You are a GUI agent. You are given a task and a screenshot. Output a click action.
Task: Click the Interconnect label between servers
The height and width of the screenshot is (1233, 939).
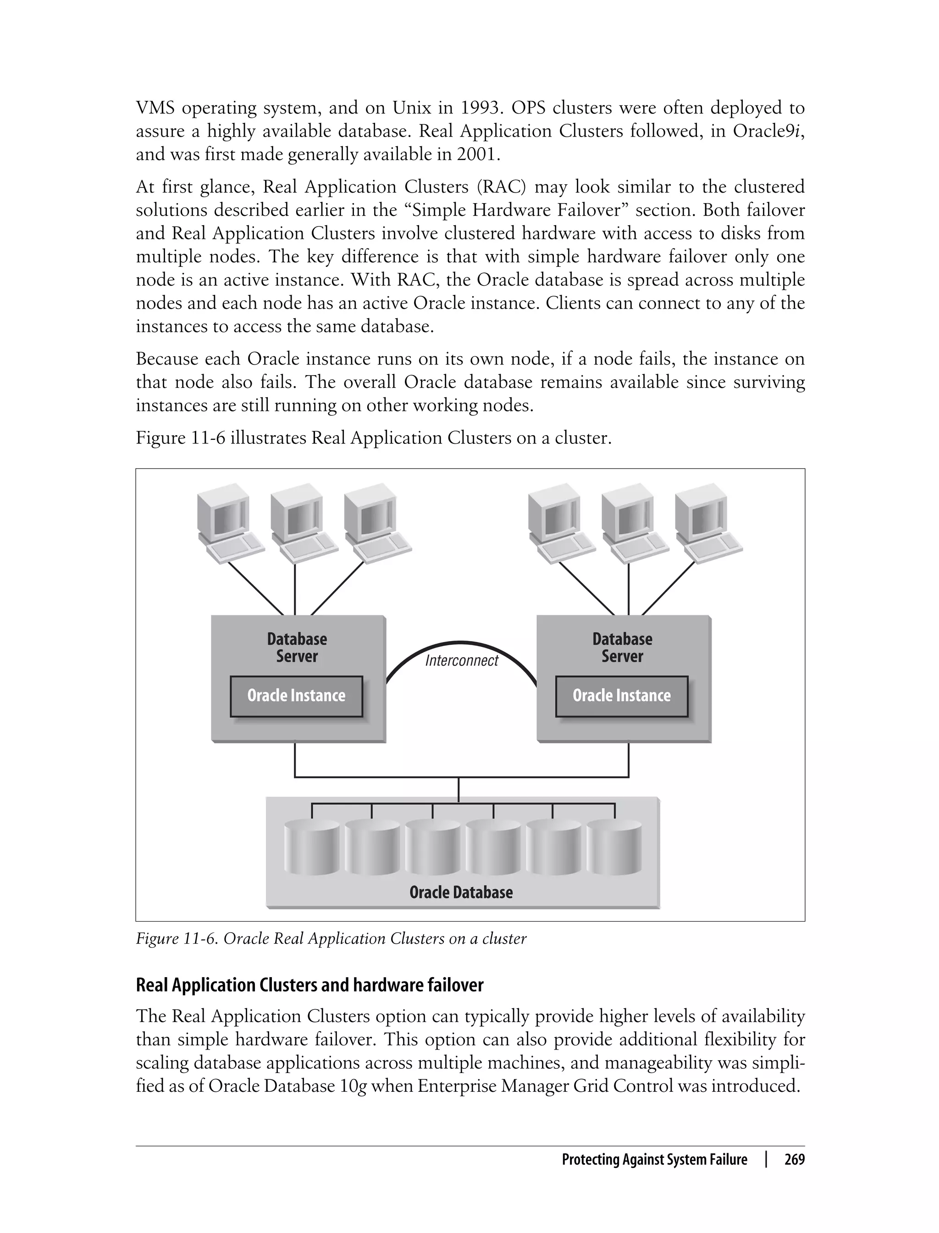click(461, 661)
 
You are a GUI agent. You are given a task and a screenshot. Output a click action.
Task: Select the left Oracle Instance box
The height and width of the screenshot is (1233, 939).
click(296, 696)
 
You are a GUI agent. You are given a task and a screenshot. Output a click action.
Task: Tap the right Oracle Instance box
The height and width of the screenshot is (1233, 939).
click(622, 696)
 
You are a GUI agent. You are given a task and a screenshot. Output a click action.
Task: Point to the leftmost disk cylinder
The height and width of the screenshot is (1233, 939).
click(311, 847)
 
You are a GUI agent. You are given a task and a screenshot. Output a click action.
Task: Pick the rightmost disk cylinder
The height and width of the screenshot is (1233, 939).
click(614, 847)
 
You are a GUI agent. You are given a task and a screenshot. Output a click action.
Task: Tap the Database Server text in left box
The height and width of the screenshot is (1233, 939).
click(297, 647)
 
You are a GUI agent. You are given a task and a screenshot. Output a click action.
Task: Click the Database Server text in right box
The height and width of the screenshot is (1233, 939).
click(622, 647)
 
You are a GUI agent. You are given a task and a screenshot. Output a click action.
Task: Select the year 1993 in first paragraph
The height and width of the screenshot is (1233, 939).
click(480, 107)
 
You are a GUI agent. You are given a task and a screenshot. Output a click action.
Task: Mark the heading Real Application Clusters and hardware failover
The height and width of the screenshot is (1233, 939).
click(309, 985)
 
